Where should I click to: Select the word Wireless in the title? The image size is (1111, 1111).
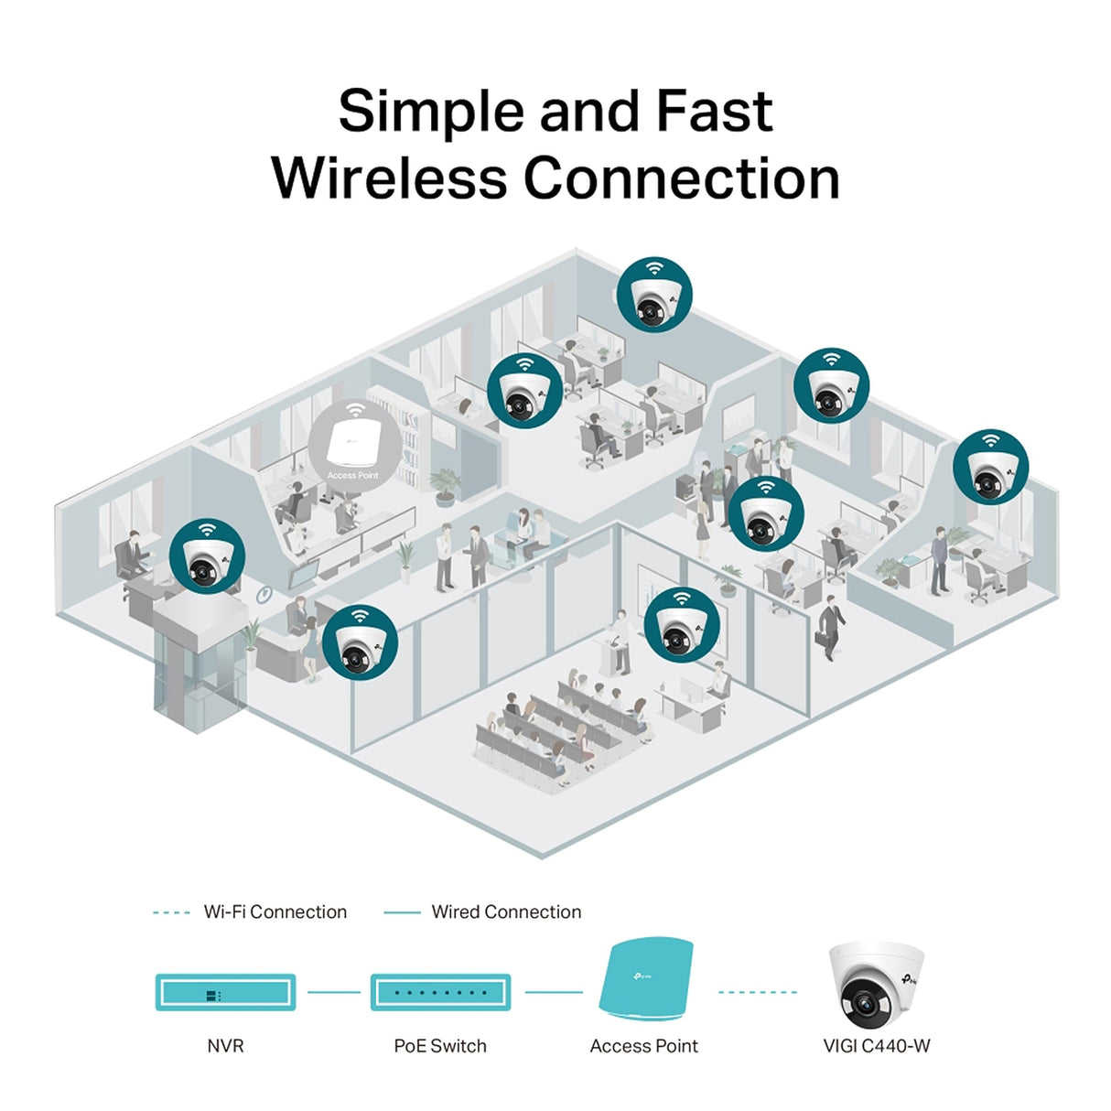389,178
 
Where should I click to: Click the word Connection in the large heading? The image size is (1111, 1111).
681,178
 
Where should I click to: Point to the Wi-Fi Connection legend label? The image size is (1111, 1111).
275,911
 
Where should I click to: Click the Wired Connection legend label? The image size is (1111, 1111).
506,911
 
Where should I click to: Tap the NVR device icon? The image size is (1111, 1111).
225,992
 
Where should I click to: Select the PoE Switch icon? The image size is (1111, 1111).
440,992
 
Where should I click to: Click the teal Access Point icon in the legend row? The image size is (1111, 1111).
645,978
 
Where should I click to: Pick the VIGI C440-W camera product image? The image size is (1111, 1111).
876,985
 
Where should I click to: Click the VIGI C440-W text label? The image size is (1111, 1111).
876,1046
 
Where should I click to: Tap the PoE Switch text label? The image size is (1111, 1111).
440,1046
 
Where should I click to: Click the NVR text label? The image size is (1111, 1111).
225,1046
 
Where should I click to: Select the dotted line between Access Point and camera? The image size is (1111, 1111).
758,992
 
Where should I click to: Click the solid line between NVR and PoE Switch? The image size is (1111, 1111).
333,992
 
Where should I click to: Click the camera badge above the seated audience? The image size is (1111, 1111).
682,625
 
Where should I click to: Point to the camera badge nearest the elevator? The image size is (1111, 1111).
208,556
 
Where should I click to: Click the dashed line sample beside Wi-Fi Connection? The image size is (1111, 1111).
171,912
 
